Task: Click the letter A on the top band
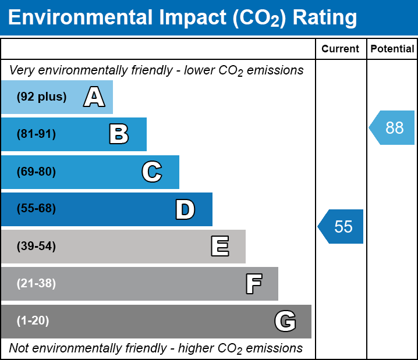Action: coord(94,97)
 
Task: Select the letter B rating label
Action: coord(119,134)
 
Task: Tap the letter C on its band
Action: coord(152,172)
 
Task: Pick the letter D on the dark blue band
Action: coord(185,209)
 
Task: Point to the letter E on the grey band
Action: coord(219,247)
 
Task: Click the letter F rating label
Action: coord(253,284)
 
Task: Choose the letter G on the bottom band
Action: coord(285,321)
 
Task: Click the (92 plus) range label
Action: coord(41,97)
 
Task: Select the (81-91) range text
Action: coord(36,134)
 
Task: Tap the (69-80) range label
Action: coord(36,172)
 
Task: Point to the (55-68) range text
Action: coord(36,209)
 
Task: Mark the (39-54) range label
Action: coord(36,247)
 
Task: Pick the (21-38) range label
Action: coord(36,284)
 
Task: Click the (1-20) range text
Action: coord(33,321)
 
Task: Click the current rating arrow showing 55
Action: coord(342,226)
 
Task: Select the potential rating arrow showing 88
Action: coord(393,127)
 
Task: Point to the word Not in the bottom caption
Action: coord(19,348)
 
